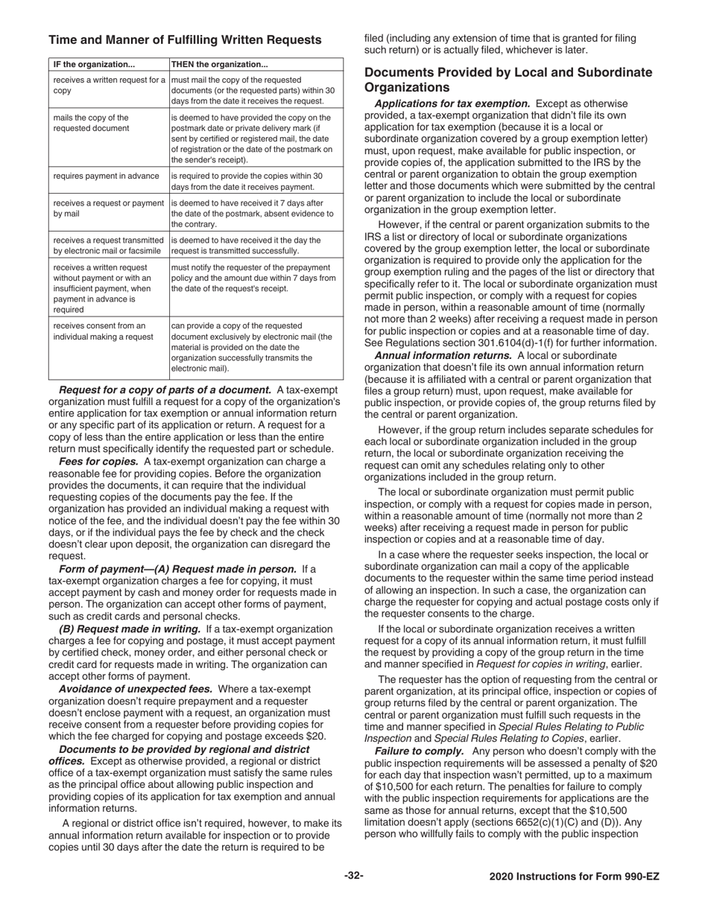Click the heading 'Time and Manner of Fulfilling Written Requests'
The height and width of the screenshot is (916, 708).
click(x=185, y=39)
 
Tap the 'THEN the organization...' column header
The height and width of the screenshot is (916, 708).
click(x=219, y=64)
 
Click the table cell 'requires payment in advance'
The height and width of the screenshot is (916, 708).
click(x=106, y=176)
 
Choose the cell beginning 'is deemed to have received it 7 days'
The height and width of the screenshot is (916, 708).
click(x=253, y=213)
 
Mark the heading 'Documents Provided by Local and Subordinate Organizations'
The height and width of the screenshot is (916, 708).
click(x=508, y=80)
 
